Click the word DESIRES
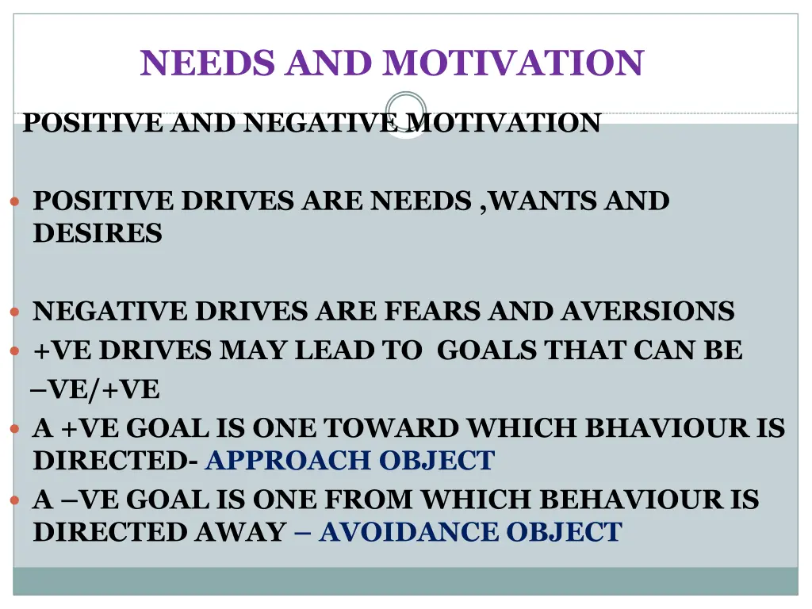[97, 234]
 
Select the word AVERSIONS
[648, 312]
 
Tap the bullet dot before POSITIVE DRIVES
[14, 202]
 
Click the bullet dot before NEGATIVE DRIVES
[14, 312]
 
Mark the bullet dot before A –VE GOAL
[14, 500]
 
